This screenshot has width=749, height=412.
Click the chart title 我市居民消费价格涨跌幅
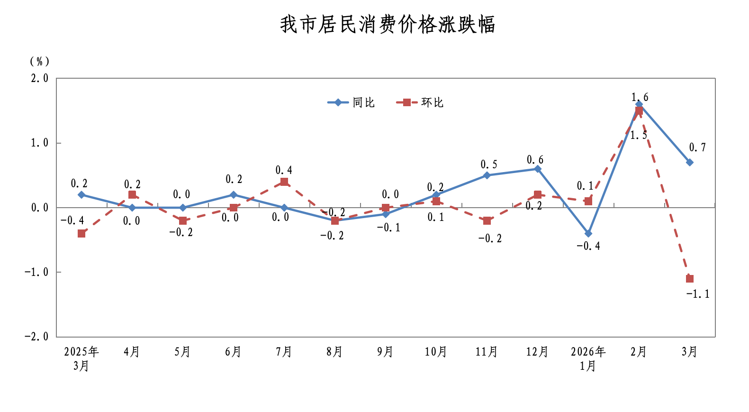[388, 25]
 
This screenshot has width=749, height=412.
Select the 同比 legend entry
[351, 102]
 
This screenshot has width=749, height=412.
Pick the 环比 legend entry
[420, 102]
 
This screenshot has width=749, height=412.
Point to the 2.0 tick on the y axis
[40, 78]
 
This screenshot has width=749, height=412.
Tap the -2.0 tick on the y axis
[37, 337]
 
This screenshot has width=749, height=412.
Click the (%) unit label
[39, 61]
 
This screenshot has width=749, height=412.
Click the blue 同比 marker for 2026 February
[639, 104]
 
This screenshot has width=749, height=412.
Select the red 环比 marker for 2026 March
[690, 279]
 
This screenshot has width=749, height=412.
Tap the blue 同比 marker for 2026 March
[690, 162]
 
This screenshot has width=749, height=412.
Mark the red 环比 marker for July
[284, 182]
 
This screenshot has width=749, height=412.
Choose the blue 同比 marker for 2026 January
[588, 234]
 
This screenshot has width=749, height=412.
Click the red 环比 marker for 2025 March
[81, 233]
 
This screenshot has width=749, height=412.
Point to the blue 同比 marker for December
[538, 169]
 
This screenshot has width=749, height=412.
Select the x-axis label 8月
[334, 352]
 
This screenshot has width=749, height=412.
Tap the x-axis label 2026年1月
[588, 358]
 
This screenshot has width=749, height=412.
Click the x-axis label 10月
[436, 352]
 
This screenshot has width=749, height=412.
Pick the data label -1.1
[698, 294]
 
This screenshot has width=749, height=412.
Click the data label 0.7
[697, 147]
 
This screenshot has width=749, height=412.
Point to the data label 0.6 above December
[535, 160]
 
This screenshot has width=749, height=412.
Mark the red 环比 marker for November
[487, 220]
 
